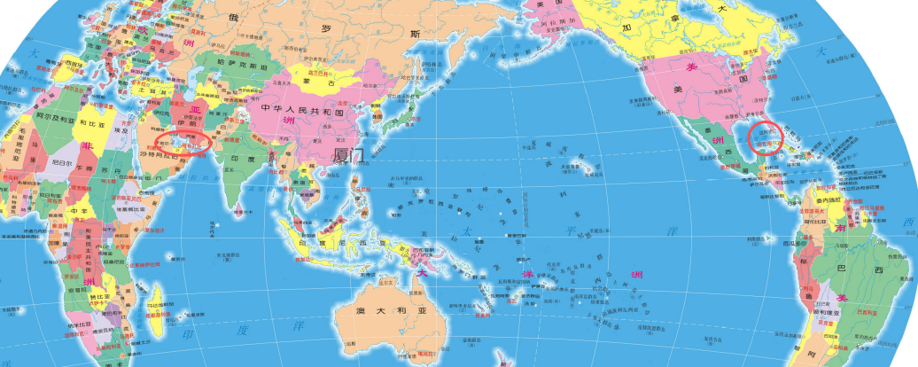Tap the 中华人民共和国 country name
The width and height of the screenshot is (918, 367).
click(307, 108)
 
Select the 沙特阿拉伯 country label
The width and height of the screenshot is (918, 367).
click(159, 152)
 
